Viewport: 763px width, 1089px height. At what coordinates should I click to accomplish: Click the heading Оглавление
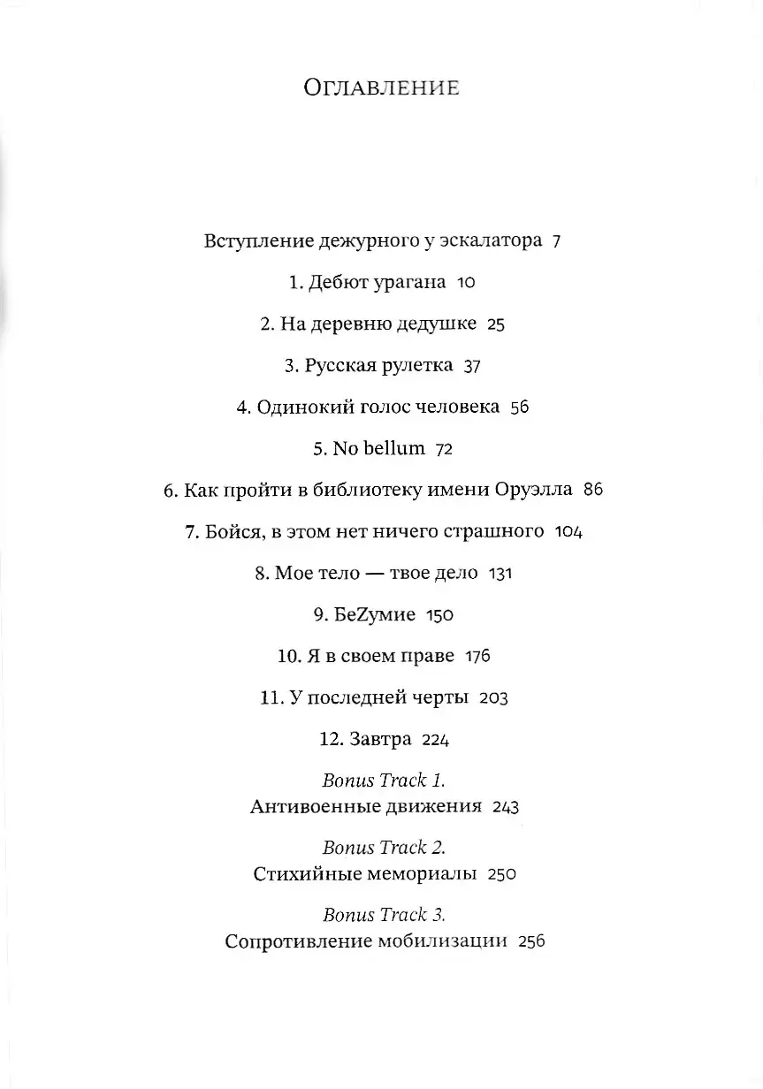coord(381,88)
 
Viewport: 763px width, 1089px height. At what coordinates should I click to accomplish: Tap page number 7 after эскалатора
coord(556,241)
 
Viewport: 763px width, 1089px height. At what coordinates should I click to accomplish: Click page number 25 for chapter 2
coord(495,324)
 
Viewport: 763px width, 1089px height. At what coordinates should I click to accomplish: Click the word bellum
coord(391,448)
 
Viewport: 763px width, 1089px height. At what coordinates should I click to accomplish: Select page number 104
coord(568,532)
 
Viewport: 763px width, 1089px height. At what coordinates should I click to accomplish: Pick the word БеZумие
coord(375,614)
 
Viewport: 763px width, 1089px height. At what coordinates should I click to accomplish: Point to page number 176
coord(477,656)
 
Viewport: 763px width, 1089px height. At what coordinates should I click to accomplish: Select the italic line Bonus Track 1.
coord(382,780)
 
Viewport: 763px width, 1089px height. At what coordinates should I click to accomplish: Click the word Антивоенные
coord(309,806)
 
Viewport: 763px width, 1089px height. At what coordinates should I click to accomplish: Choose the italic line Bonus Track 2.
coord(382,847)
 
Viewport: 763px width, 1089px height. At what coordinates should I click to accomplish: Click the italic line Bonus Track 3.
coord(382,914)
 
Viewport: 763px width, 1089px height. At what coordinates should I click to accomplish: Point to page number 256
coord(530,941)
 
